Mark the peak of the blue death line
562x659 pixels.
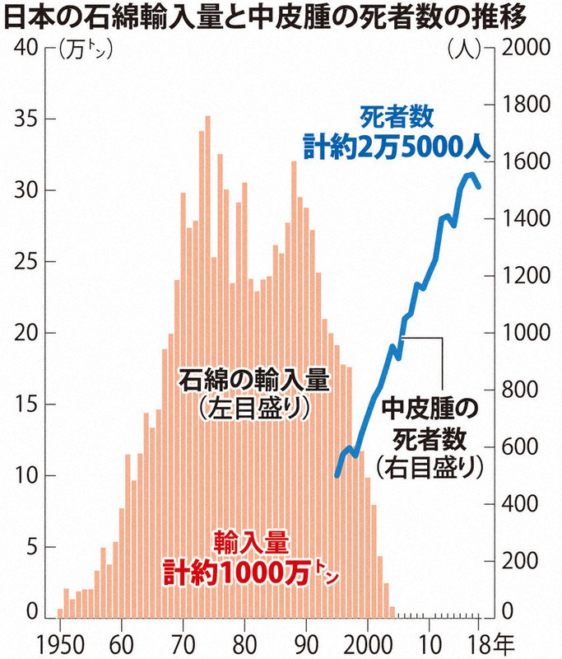click(x=470, y=175)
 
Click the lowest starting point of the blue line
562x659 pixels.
click(x=337, y=475)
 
